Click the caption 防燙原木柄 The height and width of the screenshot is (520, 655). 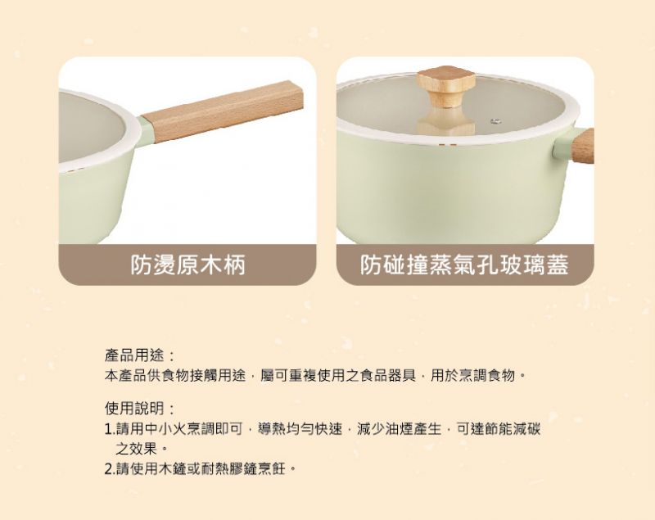click(187, 265)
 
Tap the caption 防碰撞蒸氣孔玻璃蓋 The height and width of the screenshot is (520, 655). click(464, 265)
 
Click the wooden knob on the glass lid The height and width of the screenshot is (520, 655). click(448, 87)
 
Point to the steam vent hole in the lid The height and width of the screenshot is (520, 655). click(496, 121)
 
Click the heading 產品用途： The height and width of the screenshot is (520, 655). click(139, 356)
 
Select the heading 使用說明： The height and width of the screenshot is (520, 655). click(139, 408)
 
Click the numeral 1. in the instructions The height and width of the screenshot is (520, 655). click(110, 429)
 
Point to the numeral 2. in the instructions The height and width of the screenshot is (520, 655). click(110, 469)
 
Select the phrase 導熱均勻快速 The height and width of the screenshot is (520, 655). click(300, 429)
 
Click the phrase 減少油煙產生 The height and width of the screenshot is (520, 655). click(399, 429)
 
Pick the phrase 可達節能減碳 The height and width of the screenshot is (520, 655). click(499, 429)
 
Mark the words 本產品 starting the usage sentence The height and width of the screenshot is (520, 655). click(125, 376)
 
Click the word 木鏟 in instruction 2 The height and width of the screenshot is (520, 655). click(172, 469)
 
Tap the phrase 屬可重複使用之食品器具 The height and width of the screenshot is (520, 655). click(338, 376)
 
